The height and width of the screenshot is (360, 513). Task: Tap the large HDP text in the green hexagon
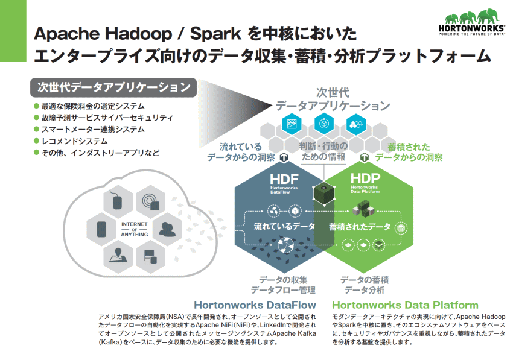[365, 178]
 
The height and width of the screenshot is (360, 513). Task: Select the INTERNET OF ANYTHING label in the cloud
[135, 229]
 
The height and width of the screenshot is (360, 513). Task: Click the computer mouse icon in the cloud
[117, 200]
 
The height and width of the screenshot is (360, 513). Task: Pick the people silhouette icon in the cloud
[167, 229]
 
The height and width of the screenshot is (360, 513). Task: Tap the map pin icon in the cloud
[118, 256]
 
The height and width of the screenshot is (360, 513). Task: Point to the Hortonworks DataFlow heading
[255, 305]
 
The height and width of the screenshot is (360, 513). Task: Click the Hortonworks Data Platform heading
[405, 305]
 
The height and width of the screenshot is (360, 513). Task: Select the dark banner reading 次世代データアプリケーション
[113, 87]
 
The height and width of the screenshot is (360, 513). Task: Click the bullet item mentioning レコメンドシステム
[71, 141]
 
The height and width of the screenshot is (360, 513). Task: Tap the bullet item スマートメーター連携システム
[89, 130]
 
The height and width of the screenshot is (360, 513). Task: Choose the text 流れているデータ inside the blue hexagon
[284, 226]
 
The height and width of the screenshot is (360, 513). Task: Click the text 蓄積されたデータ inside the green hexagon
[360, 227]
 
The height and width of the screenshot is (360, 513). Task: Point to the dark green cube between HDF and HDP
[324, 194]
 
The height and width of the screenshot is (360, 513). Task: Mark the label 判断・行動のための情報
[323, 151]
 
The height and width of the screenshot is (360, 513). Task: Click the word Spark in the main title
[215, 34]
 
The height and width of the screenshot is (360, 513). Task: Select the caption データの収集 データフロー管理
[283, 285]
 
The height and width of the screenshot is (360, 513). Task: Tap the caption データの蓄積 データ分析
[365, 285]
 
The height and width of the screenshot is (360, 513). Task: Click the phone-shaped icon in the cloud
[102, 229]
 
